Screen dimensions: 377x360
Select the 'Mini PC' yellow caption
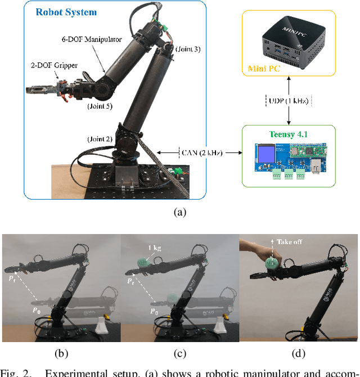[264, 70]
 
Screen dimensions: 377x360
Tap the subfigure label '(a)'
[179, 212]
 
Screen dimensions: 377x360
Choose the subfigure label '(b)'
[61, 354]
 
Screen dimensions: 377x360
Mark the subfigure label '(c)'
[179, 354]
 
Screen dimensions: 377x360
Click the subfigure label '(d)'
[298, 354]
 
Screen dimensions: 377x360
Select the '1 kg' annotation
[155, 248]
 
